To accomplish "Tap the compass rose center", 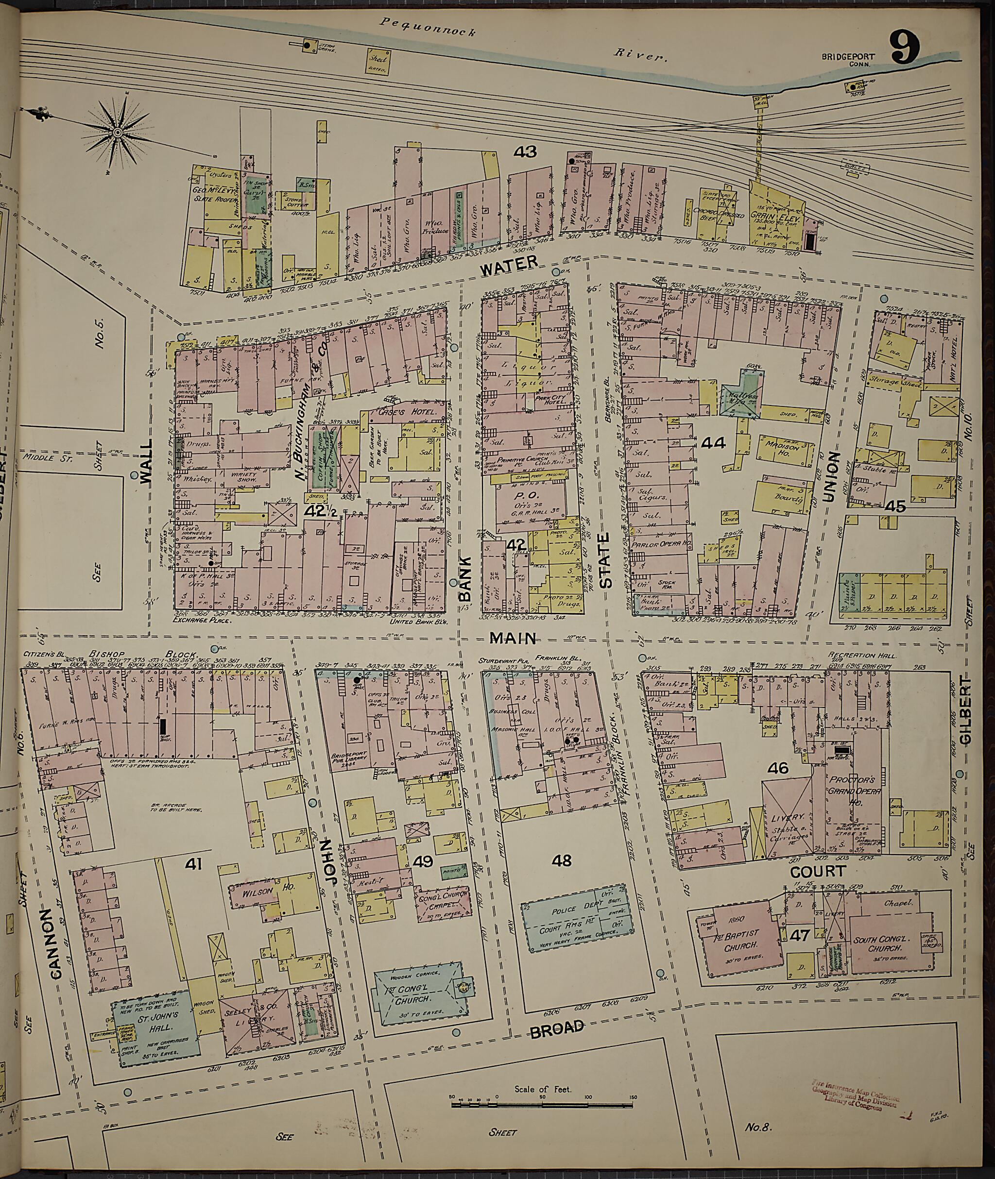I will (x=118, y=132).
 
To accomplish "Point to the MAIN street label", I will (x=512, y=638).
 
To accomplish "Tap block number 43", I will (x=525, y=152).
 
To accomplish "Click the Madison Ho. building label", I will (x=779, y=444).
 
